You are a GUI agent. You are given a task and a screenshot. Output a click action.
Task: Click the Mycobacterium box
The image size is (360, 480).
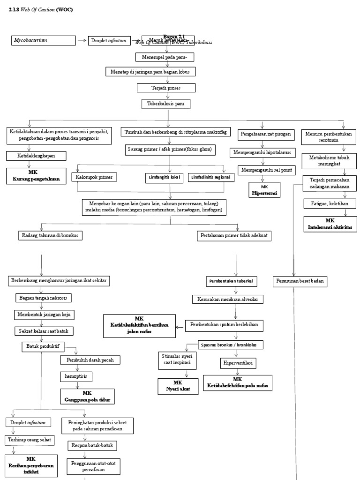(x=44, y=41)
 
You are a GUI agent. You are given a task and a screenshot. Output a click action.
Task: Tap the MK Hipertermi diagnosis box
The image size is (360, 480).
(x=264, y=190)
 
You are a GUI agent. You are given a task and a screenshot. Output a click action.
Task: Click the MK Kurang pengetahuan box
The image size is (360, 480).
(x=36, y=176)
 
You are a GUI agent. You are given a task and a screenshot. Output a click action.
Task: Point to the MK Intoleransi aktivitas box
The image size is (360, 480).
(x=330, y=224)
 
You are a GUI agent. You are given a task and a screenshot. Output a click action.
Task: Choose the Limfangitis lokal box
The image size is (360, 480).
(x=163, y=177)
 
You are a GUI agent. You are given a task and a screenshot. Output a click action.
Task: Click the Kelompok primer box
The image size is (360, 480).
(x=94, y=177)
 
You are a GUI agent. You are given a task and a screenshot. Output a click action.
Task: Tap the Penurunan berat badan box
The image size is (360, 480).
(x=300, y=282)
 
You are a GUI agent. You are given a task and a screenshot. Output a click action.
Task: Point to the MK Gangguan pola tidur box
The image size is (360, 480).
(x=87, y=397)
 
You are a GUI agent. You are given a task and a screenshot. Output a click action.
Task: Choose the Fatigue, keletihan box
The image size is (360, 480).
(x=330, y=203)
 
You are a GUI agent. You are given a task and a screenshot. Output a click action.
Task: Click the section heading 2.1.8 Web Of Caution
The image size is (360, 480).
(x=41, y=10)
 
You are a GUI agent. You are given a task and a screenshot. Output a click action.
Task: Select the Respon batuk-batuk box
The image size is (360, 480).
(x=92, y=445)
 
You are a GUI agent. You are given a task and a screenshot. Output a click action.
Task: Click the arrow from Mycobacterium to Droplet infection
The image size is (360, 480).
(x=82, y=41)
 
